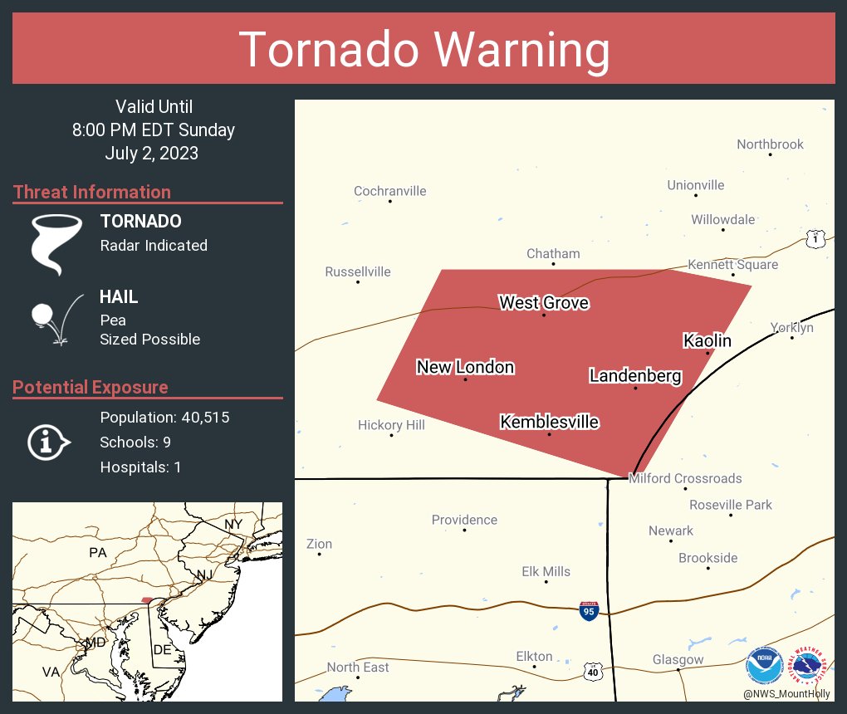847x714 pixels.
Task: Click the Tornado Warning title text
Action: (x=423, y=50)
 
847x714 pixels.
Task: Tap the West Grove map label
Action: (x=544, y=303)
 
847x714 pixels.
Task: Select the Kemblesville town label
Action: (x=549, y=423)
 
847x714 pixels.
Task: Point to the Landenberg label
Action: (x=635, y=376)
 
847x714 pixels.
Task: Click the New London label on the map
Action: (x=465, y=367)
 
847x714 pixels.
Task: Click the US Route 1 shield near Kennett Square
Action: (x=815, y=239)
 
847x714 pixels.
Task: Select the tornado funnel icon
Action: (x=56, y=244)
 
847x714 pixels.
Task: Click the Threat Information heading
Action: (x=92, y=192)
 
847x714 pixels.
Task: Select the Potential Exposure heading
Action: (x=91, y=387)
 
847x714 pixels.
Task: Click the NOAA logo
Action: (x=764, y=665)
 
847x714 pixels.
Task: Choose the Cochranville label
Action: (x=389, y=191)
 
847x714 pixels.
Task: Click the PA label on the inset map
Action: (x=99, y=552)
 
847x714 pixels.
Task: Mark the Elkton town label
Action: (x=534, y=656)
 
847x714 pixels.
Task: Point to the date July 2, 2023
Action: (x=152, y=153)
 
